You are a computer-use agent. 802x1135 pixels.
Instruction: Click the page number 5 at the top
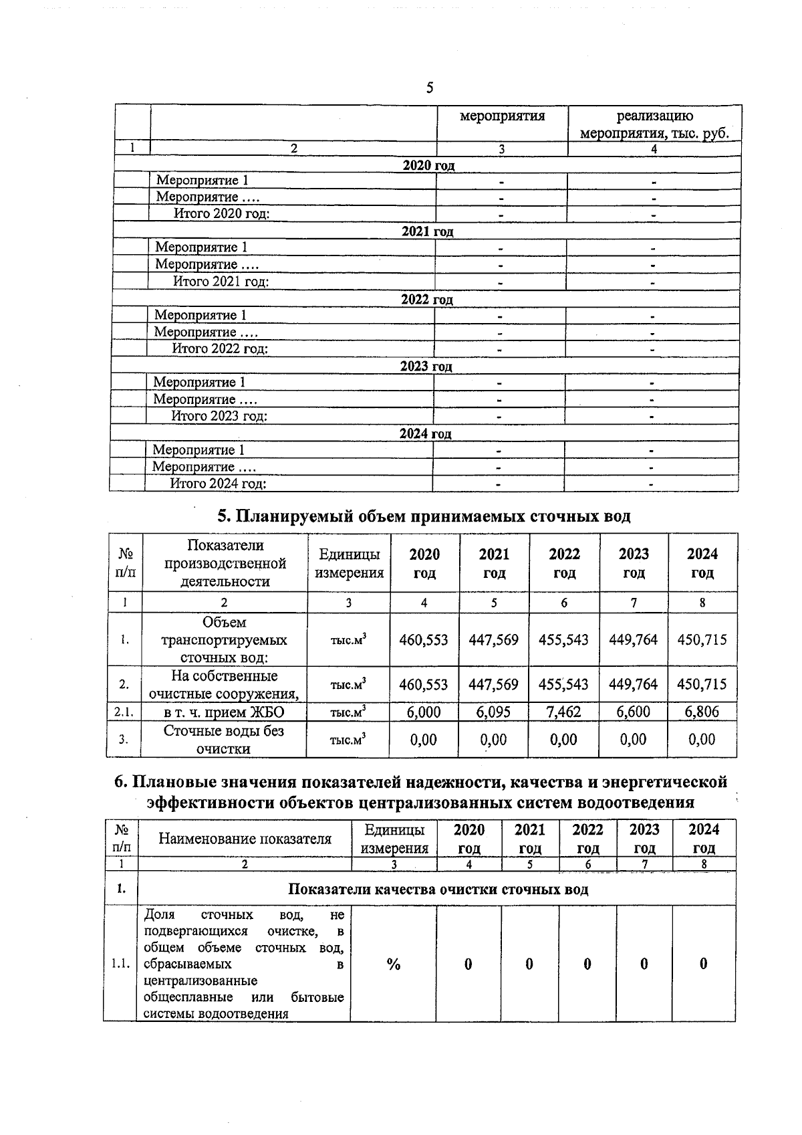429,88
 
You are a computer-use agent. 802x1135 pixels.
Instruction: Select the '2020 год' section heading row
428,165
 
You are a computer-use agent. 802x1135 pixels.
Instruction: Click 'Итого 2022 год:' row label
220,348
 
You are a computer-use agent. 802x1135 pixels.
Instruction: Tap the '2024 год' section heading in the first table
425,433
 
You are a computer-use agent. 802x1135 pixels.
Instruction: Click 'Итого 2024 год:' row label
218,484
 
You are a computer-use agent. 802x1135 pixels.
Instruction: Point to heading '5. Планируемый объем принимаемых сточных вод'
424,516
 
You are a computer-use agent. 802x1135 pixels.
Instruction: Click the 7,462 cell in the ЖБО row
563,712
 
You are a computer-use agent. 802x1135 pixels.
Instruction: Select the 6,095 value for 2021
493,712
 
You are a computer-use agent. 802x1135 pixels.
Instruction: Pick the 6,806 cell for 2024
702,712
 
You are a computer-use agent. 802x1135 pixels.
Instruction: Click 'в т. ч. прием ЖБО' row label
224,712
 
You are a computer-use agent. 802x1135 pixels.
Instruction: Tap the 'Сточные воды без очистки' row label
224,740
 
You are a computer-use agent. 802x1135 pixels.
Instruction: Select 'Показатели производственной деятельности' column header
225,563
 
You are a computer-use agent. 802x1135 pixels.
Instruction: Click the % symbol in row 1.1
393,964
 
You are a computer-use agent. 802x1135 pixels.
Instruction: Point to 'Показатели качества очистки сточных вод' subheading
438,889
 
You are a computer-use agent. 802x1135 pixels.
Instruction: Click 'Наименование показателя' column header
245,839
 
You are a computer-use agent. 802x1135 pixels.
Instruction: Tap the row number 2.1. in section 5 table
124,712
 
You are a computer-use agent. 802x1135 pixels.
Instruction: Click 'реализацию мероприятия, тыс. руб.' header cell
654,125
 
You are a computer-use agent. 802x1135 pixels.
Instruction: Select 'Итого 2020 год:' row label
222,214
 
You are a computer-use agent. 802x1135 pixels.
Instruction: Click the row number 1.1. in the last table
120,964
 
